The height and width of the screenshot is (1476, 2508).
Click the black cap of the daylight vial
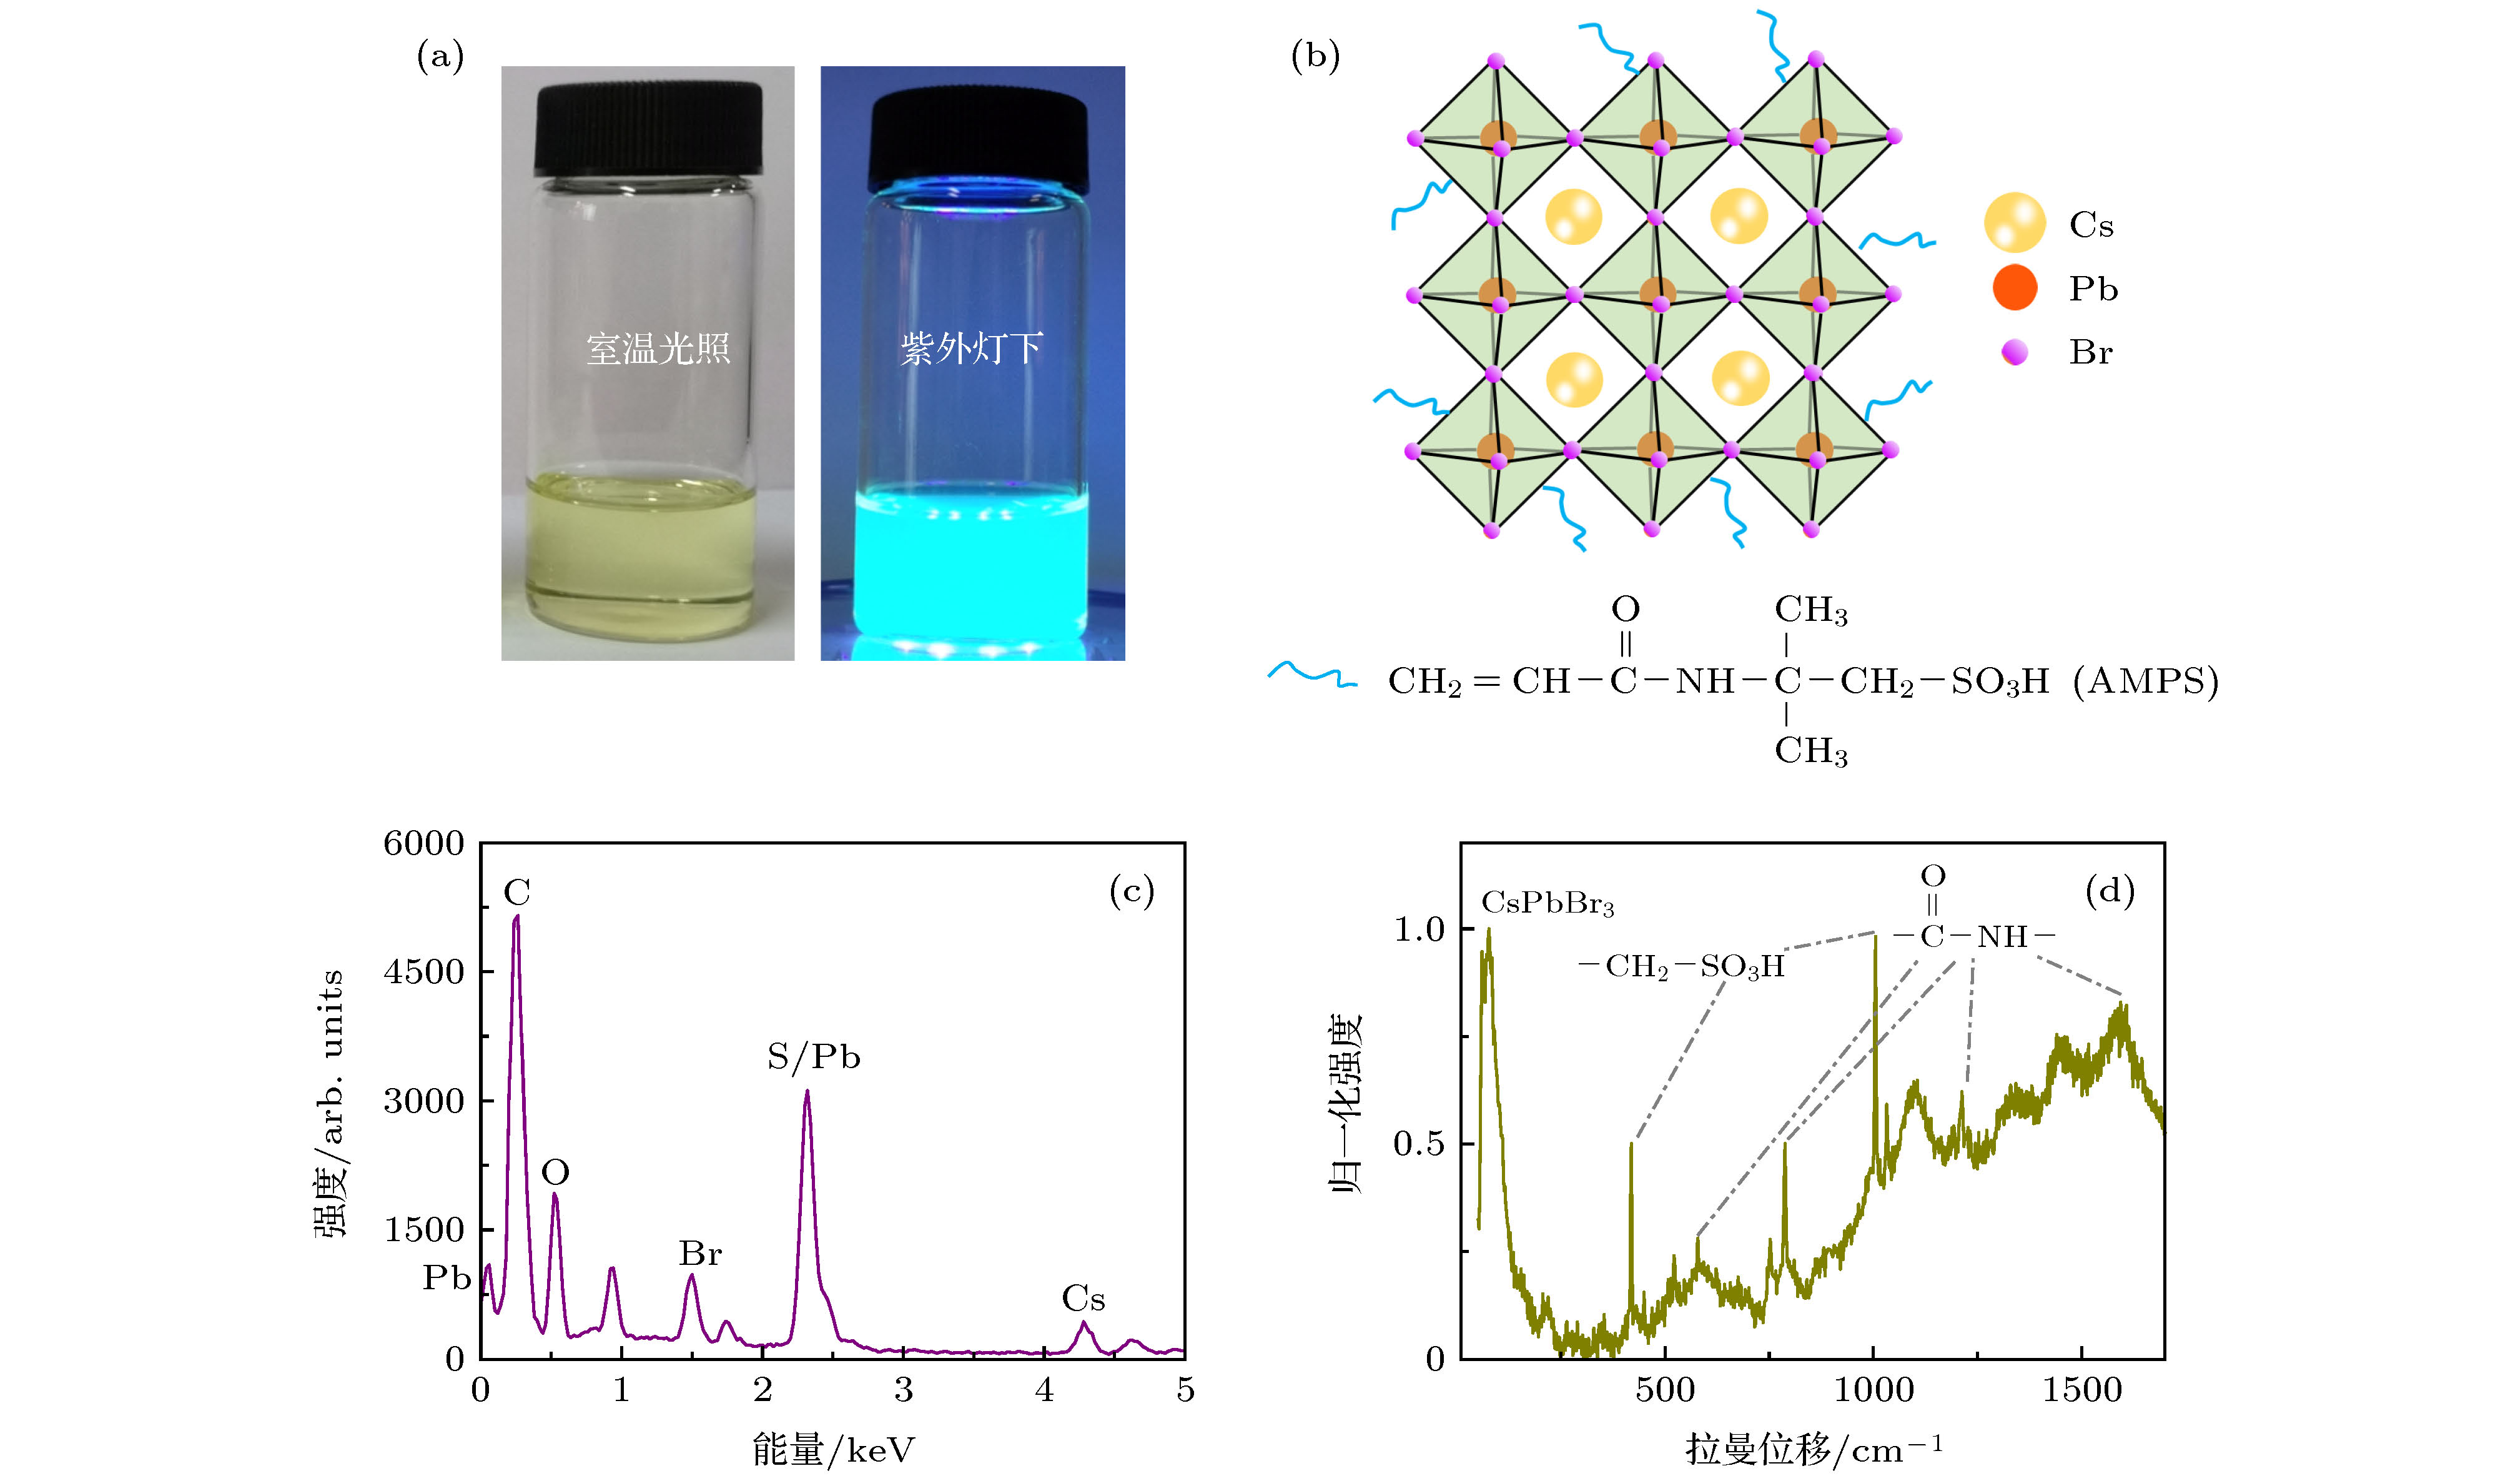coord(648,129)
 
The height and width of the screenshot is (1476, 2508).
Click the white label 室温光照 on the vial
coord(658,349)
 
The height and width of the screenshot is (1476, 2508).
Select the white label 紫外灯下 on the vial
coord(971,349)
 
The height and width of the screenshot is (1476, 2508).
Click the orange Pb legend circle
coord(2015,287)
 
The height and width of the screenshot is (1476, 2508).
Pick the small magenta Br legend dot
coord(2015,351)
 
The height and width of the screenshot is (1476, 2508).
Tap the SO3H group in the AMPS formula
coord(2000,681)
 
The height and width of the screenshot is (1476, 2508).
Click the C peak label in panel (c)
coord(516,893)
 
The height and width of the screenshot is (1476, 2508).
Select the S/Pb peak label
coord(813,1057)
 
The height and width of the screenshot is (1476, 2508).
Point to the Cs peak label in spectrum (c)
coord(1083,1299)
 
